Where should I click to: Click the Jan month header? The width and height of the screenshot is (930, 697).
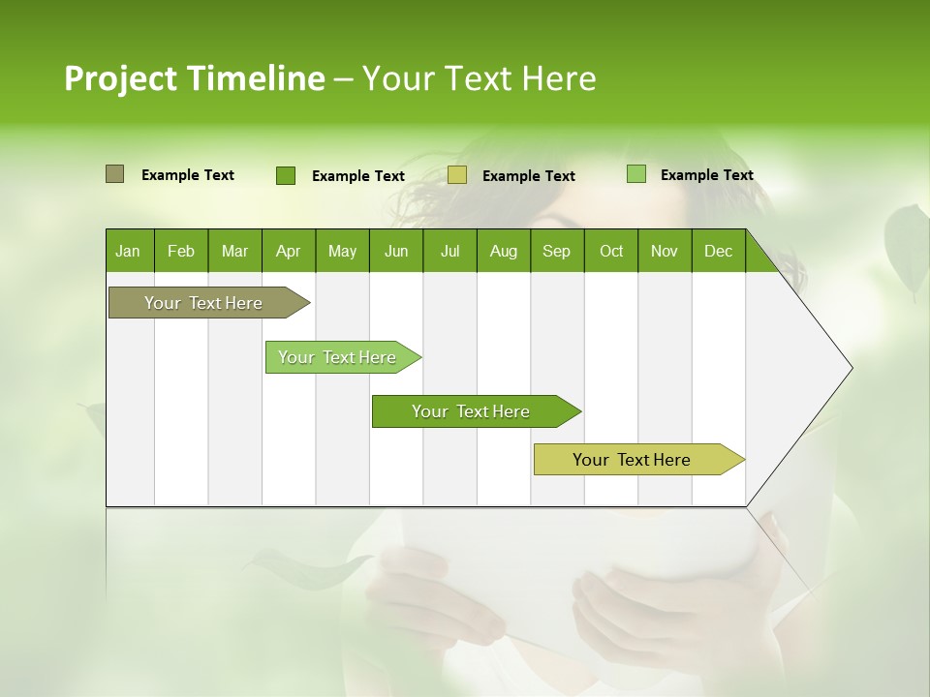[x=129, y=251]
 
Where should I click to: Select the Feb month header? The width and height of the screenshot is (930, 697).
[x=181, y=251]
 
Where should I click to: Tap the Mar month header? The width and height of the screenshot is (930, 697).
[x=234, y=251]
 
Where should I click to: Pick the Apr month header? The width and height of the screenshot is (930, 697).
[x=289, y=251]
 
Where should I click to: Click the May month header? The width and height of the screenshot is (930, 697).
[x=342, y=251]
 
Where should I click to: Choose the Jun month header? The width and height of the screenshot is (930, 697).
[x=396, y=251]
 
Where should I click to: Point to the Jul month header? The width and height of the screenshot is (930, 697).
[x=449, y=251]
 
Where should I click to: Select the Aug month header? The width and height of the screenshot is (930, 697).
[x=504, y=251]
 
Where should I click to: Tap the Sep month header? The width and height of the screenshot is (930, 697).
[x=557, y=251]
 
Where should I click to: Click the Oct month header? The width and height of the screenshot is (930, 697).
[x=611, y=251]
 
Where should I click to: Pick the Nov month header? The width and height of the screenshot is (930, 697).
[x=665, y=251]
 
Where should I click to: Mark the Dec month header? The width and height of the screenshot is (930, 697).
[x=719, y=251]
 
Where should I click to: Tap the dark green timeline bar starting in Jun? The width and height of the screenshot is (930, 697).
[x=472, y=411]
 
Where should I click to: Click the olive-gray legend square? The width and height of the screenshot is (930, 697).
[x=114, y=174]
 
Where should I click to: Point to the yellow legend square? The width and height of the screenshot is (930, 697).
[x=457, y=175]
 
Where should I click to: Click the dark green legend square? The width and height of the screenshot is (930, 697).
[x=286, y=175]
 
